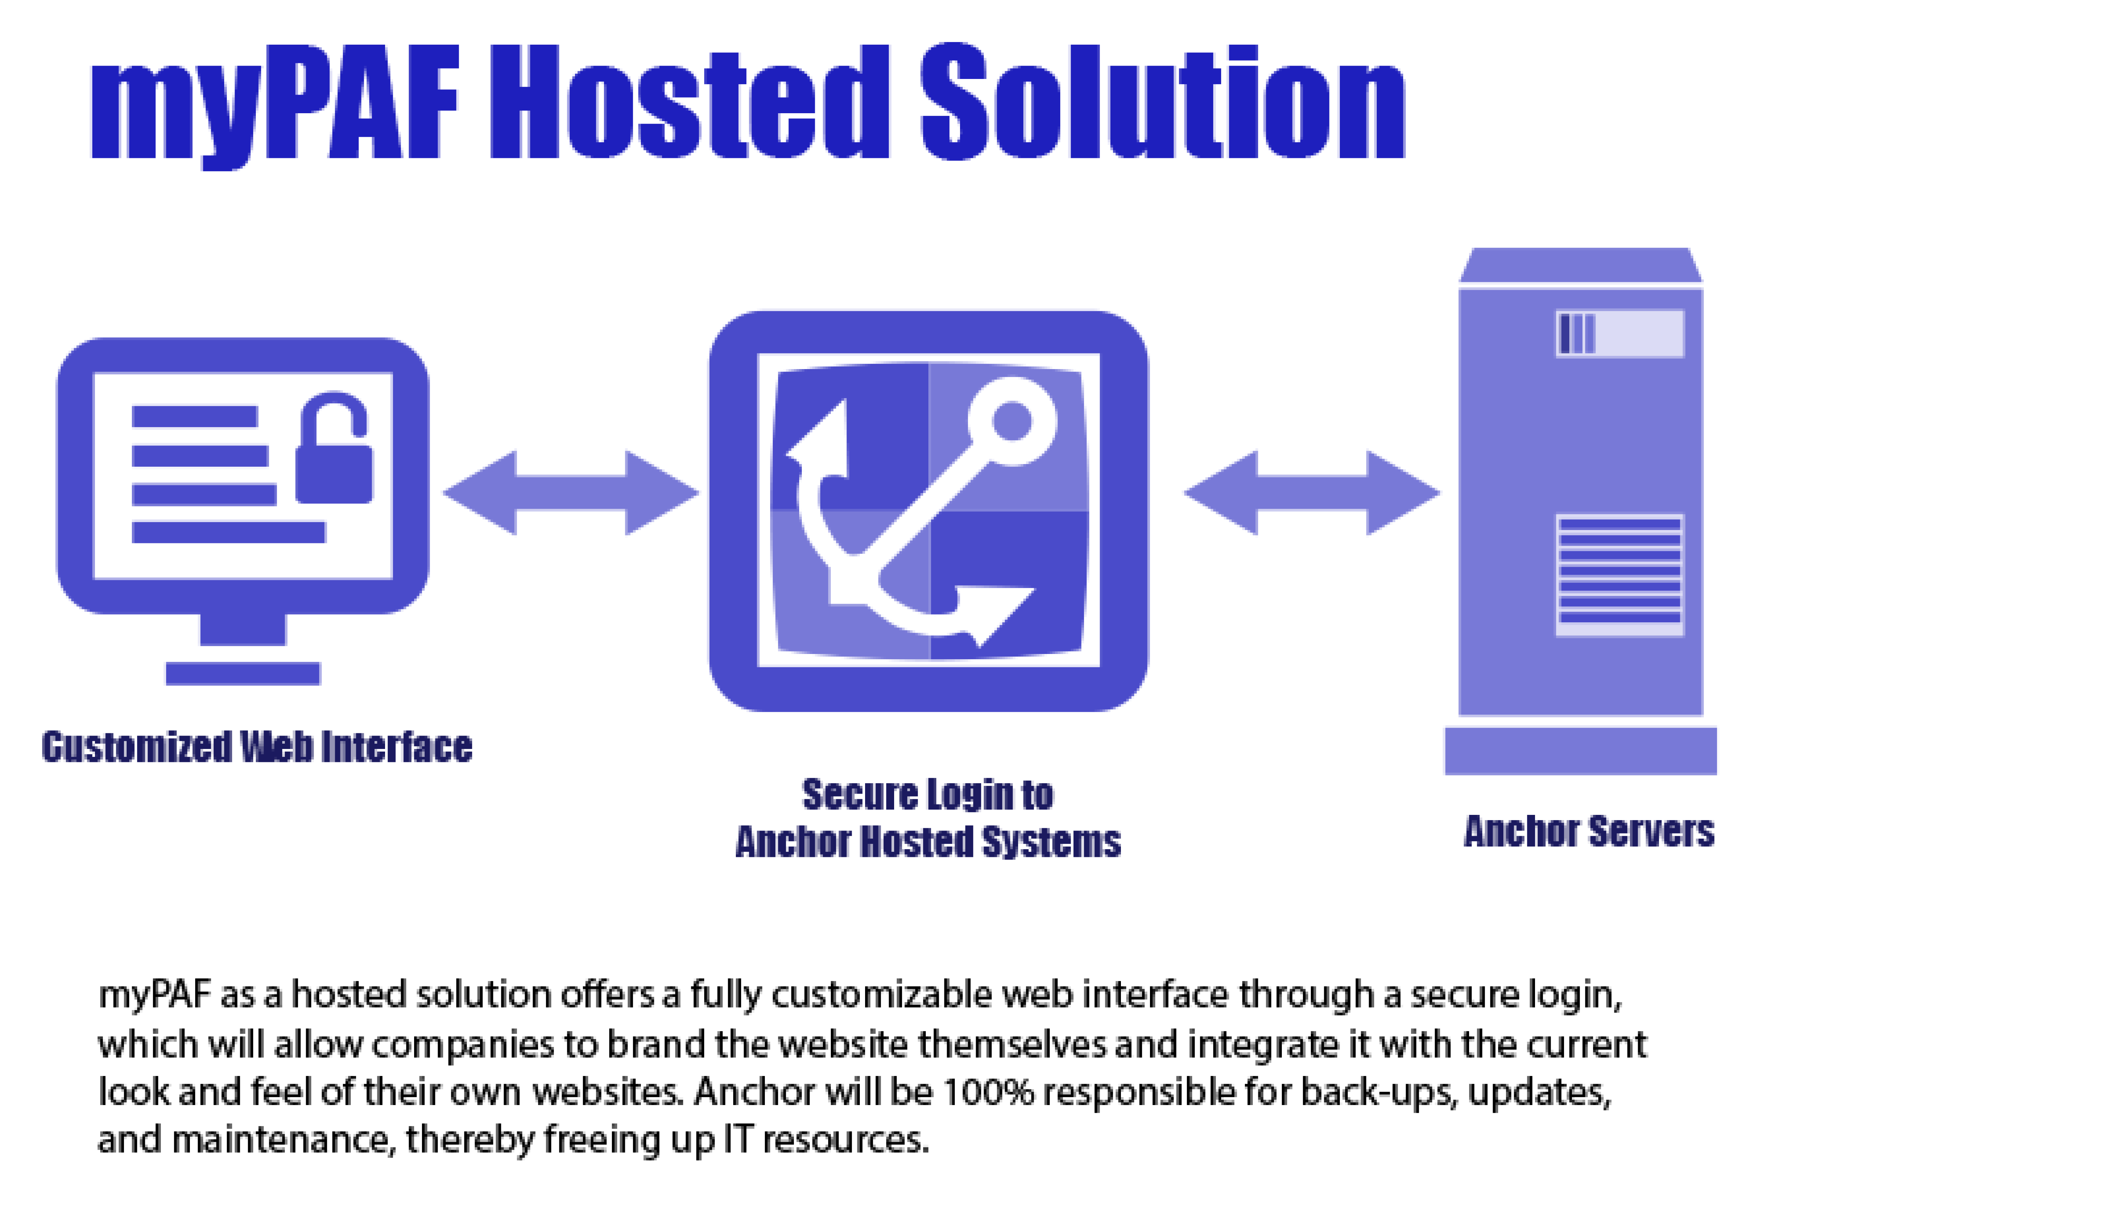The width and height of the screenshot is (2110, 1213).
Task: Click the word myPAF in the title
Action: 275,104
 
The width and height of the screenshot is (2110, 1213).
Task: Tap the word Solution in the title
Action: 1163,102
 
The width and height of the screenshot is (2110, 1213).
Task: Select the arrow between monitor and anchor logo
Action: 571,493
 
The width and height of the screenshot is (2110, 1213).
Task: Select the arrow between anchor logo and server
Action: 1312,493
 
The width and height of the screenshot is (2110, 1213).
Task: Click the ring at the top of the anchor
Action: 1012,421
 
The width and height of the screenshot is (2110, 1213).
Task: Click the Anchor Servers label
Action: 1589,831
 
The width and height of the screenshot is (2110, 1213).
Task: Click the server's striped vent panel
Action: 1619,575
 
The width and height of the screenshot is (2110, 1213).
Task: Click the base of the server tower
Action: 1580,750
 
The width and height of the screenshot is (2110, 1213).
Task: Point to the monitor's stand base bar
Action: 243,673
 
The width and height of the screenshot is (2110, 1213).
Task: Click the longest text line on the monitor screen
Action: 228,531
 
